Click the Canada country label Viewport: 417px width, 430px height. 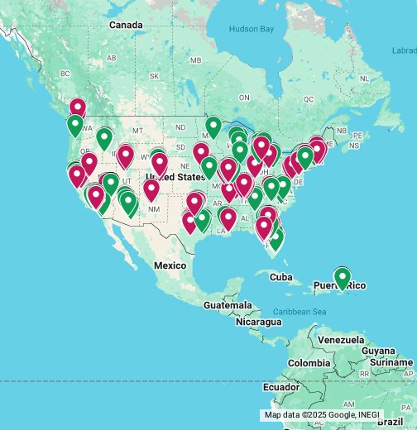(x=126, y=26)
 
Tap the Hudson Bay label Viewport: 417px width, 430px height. (x=251, y=29)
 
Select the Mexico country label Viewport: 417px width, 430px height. (x=170, y=265)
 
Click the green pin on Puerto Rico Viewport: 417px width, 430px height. (x=342, y=278)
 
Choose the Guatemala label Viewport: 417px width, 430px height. (x=228, y=306)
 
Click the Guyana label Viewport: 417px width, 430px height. (x=379, y=351)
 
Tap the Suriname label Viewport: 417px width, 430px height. (x=391, y=362)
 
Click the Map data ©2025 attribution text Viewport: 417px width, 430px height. (x=319, y=414)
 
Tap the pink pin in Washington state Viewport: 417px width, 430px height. (x=78, y=108)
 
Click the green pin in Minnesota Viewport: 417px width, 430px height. (x=213, y=127)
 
